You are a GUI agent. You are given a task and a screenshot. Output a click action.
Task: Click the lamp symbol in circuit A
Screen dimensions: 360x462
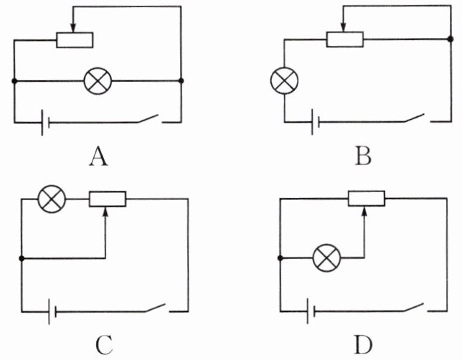pos(97,80)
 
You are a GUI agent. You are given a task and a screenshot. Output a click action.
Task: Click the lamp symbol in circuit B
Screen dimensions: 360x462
pos(285,79)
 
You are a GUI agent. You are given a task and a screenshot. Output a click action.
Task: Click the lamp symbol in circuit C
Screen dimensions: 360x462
pos(50,199)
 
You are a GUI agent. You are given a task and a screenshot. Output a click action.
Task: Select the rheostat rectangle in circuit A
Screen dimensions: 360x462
pos(75,39)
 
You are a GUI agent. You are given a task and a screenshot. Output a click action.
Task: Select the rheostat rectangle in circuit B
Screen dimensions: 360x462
pos(344,39)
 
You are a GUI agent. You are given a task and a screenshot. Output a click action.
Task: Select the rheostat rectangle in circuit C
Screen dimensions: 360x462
pos(108,199)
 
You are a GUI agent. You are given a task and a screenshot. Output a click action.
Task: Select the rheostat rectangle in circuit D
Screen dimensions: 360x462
pos(366,198)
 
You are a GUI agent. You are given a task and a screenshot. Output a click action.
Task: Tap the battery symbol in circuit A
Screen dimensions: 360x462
pos(44,123)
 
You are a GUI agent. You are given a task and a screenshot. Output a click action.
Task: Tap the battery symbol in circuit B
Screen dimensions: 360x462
pos(314,121)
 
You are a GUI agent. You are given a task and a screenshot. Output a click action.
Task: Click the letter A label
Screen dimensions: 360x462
pos(98,155)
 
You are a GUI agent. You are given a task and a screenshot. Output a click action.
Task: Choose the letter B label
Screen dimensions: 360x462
pos(364,155)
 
